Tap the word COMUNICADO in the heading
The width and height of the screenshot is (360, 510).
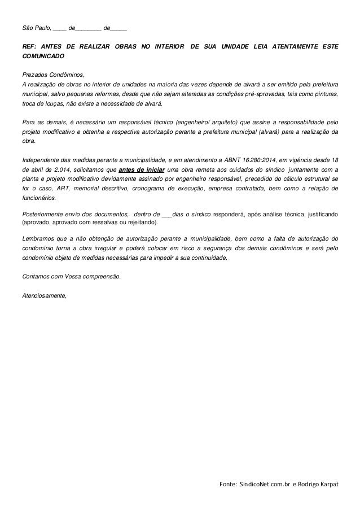click(42, 58)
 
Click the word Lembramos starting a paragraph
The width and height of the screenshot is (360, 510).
click(36, 238)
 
